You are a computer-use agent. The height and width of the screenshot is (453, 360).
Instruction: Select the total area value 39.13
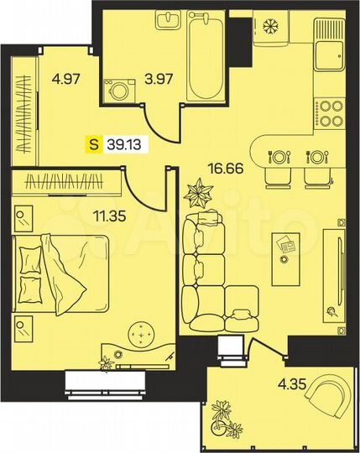click(x=123, y=144)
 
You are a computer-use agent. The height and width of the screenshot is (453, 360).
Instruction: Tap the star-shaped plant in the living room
click(x=200, y=195)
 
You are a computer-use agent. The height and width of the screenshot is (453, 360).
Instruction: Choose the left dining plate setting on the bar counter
click(x=278, y=157)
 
